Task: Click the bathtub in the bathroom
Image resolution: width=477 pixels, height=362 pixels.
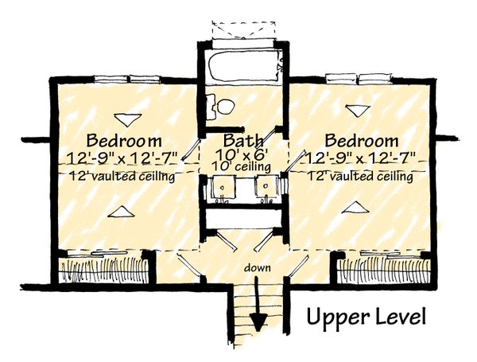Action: point(244,65)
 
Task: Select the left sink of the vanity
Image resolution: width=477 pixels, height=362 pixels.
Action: point(223,187)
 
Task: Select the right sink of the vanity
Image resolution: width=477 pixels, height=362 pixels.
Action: point(266,186)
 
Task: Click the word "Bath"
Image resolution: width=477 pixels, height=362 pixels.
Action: point(243,140)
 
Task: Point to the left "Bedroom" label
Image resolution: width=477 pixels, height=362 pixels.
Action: point(124,141)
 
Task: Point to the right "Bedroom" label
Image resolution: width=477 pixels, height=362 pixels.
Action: point(362,141)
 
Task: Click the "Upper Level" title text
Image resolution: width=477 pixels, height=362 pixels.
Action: point(366,317)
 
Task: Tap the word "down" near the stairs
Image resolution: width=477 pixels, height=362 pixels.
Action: point(257,268)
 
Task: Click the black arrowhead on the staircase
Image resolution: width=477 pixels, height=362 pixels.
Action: point(258,322)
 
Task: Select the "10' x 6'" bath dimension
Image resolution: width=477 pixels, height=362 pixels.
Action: point(242,154)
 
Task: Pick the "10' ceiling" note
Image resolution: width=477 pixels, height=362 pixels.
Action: point(241,166)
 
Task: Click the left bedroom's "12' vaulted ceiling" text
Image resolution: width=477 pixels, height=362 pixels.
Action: point(122,177)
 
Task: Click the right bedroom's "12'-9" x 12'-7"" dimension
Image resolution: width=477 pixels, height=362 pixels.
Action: point(361,158)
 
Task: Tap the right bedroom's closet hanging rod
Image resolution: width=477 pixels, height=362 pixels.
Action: point(385,271)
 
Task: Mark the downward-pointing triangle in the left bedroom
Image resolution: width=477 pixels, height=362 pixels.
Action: point(127,119)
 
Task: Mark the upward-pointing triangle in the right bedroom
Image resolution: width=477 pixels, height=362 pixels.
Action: point(355,208)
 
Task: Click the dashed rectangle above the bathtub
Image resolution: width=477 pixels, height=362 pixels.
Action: point(244,29)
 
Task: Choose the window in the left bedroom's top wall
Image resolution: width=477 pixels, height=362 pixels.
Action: point(127,79)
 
